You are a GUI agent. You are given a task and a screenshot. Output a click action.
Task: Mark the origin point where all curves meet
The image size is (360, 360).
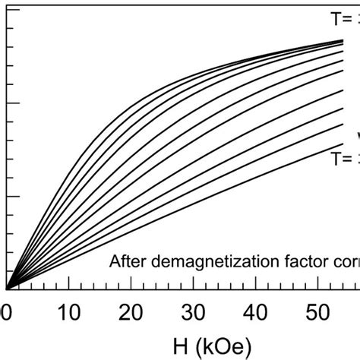tap(6, 289)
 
